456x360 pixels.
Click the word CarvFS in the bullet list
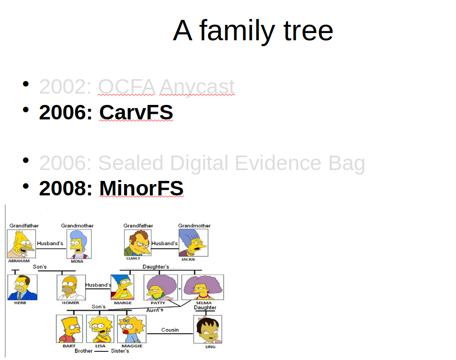(x=136, y=112)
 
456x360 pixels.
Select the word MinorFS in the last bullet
(x=141, y=188)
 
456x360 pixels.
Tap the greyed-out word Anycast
(x=197, y=87)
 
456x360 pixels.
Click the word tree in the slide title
(x=308, y=30)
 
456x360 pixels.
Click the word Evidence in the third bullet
(x=278, y=163)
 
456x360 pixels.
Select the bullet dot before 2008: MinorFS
(x=26, y=186)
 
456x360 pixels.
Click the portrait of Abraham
(x=21, y=244)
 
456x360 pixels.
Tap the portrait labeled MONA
(x=79, y=244)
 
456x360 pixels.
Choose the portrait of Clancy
(x=138, y=242)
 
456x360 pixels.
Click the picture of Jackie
(x=194, y=242)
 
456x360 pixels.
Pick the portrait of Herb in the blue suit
(x=23, y=287)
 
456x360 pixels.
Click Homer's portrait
(x=71, y=287)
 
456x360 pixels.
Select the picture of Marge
(x=123, y=287)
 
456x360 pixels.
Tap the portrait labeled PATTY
(x=161, y=287)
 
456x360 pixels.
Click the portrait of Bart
(x=69, y=329)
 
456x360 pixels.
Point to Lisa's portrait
(x=100, y=329)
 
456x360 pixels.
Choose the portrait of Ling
(x=208, y=329)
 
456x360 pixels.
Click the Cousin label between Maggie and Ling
(x=170, y=330)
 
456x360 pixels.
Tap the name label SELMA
(x=204, y=303)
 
